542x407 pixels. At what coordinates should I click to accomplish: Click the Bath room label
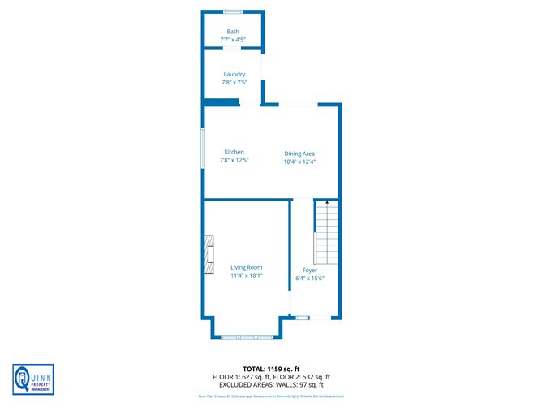point(233,32)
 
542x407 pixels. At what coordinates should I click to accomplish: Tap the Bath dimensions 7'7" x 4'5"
point(233,39)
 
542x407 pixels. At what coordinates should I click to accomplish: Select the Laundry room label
point(234,75)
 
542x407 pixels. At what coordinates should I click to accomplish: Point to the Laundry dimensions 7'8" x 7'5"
point(234,82)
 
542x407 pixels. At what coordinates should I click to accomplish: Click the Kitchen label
point(234,153)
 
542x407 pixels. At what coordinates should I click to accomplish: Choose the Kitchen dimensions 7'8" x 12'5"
point(234,161)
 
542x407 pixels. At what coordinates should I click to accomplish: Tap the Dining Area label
point(299,154)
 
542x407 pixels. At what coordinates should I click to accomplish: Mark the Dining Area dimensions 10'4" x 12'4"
point(299,162)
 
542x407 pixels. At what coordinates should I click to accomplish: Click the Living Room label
point(246,267)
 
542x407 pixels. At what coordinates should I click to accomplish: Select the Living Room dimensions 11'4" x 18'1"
point(246,275)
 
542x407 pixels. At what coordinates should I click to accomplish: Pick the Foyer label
point(310,270)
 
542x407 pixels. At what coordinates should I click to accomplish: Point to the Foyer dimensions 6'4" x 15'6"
point(310,278)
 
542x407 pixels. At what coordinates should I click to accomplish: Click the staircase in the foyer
point(326,236)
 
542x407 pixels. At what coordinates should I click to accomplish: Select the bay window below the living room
point(247,336)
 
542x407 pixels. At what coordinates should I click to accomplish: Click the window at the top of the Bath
point(233,11)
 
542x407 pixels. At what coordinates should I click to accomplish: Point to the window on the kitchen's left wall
point(203,147)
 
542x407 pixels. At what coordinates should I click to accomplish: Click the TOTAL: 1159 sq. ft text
point(270,370)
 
